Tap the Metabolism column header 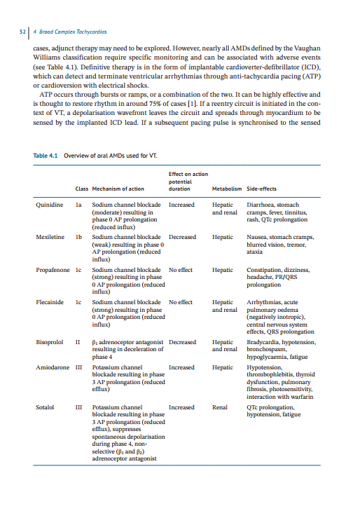(x=226, y=189)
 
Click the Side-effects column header (x=262, y=189)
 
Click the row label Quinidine (x=50, y=205)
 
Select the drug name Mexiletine (x=50, y=237)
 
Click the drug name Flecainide (x=50, y=302)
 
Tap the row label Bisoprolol (x=50, y=342)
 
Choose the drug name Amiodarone (x=53, y=367)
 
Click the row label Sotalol (x=46, y=407)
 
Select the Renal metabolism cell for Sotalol (x=220, y=407)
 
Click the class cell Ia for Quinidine (x=79, y=205)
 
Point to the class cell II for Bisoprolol (x=78, y=342)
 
